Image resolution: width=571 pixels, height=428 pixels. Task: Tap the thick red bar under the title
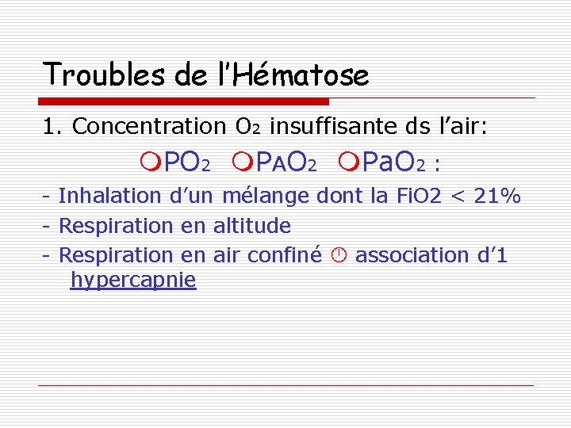point(184,101)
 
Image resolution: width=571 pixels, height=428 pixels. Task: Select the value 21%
point(496,196)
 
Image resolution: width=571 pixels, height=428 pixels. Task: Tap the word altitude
point(252,226)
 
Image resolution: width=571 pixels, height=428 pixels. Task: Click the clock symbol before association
point(338,255)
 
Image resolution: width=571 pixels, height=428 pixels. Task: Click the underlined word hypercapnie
point(132,281)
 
